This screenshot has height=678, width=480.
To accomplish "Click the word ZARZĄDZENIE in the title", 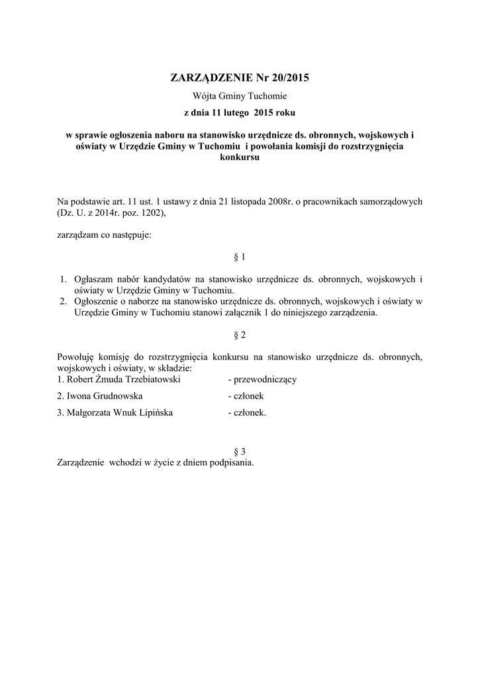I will [x=207, y=78].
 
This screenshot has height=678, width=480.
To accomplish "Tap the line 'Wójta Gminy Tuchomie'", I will [x=240, y=97].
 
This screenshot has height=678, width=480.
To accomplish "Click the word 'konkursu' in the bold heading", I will [x=240, y=159].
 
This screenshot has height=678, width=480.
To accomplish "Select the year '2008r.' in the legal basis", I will [x=281, y=201].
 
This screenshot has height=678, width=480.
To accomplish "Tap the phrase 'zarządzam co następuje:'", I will [x=105, y=234].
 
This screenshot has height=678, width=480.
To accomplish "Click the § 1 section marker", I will [x=240, y=256].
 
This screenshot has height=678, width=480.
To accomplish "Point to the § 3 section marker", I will [x=240, y=452].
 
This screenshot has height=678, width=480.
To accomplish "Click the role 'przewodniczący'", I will [x=262, y=379].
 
